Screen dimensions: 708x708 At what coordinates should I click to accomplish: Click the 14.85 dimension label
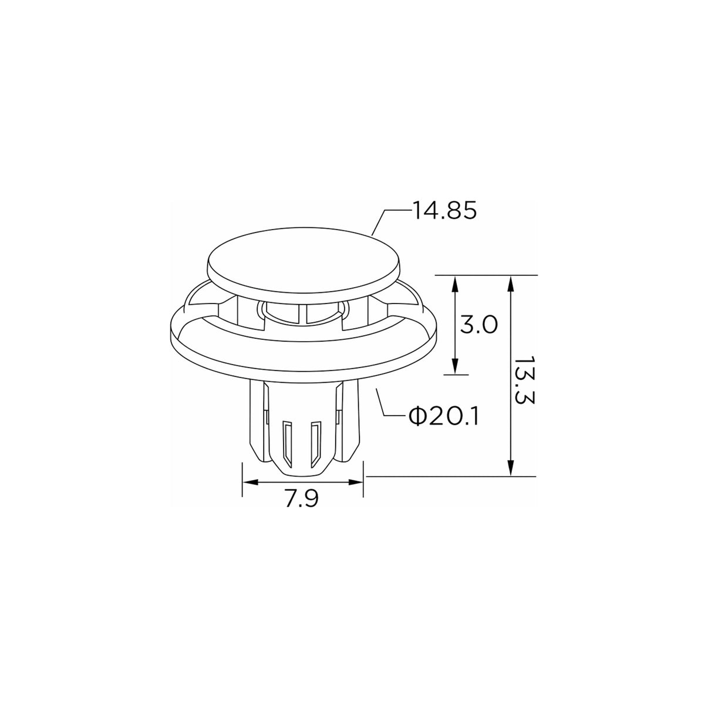coord(445,211)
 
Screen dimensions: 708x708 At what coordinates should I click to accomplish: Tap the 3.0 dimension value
coord(478,325)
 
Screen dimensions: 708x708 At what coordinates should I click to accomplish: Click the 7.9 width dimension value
coord(302,498)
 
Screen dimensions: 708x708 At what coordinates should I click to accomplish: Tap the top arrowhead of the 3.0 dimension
coord(455,285)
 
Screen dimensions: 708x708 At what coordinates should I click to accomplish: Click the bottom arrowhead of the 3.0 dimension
coord(455,365)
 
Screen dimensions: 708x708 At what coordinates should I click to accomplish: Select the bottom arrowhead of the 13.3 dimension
coord(510,467)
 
